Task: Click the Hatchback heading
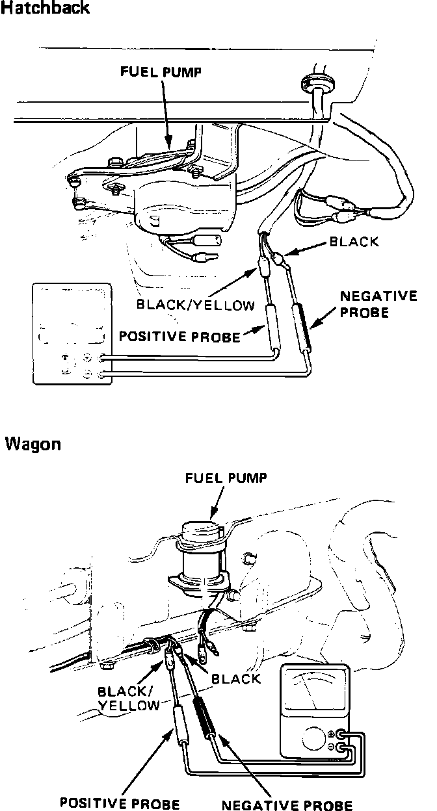click(x=45, y=9)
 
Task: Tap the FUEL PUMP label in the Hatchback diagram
click(x=160, y=73)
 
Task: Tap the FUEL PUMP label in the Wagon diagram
click(x=226, y=479)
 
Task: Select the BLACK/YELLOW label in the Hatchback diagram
click(x=195, y=305)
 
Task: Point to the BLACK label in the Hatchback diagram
click(x=354, y=242)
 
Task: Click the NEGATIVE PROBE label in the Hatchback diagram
click(x=378, y=304)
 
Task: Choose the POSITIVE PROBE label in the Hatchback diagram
click(x=179, y=337)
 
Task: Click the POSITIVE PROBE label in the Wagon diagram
click(x=120, y=804)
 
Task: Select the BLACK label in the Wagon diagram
click(x=236, y=678)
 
